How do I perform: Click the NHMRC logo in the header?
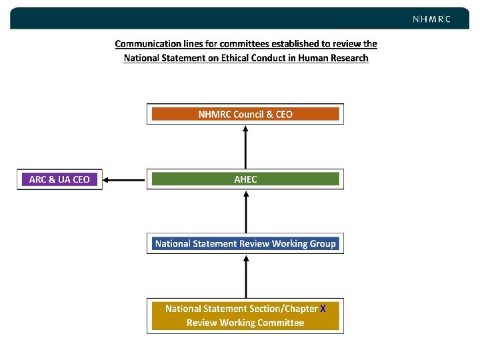click(431, 19)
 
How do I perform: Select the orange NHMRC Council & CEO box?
click(245, 114)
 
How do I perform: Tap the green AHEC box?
click(245, 179)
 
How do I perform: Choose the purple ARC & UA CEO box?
click(59, 179)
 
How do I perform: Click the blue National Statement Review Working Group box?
click(245, 244)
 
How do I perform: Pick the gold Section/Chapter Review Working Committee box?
click(245, 316)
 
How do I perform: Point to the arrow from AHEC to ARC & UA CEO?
click(125, 179)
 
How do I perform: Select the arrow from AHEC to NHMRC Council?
click(246, 147)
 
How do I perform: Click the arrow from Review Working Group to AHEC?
click(246, 212)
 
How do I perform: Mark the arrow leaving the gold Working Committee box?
click(246, 277)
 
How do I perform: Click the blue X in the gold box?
click(323, 309)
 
